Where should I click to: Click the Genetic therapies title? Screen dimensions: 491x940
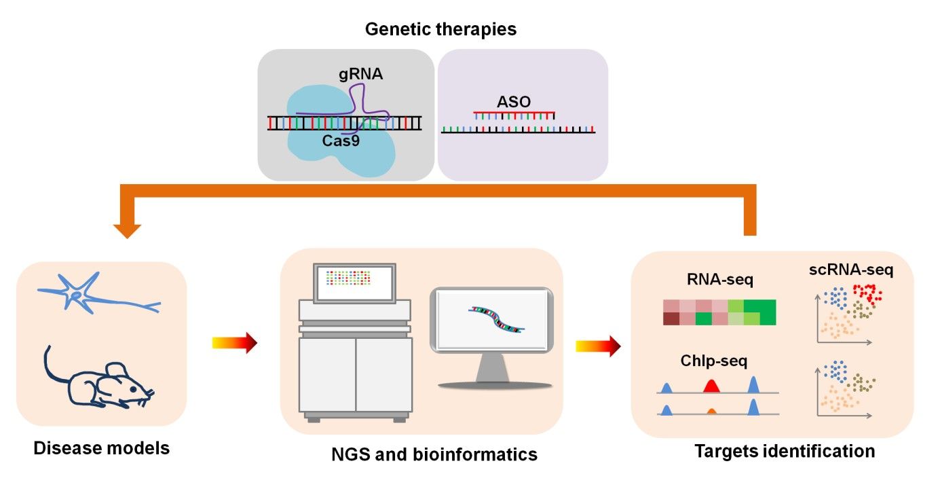(x=440, y=30)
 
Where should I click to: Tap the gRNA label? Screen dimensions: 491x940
(x=361, y=74)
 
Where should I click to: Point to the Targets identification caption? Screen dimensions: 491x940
(x=785, y=450)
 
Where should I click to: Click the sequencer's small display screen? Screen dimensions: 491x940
(x=353, y=283)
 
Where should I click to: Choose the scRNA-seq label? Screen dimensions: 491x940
(x=850, y=270)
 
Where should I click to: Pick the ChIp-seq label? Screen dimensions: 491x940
(x=713, y=361)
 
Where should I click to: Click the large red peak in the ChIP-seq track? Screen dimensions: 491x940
(x=711, y=386)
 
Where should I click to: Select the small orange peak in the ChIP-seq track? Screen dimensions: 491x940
(x=711, y=411)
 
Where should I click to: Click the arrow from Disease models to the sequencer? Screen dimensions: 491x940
(x=235, y=344)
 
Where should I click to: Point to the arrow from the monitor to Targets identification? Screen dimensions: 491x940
(x=598, y=346)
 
